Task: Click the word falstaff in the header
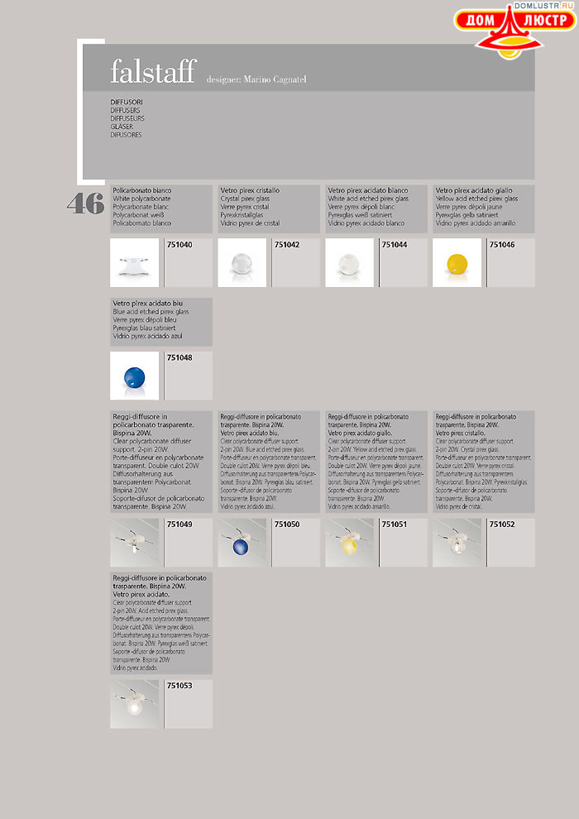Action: pyautogui.click(x=154, y=73)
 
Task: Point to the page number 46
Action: pyautogui.click(x=85, y=204)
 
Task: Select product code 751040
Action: pyautogui.click(x=179, y=245)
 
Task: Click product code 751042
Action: pyautogui.click(x=287, y=245)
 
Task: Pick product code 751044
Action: pyautogui.click(x=395, y=245)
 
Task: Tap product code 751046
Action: pyautogui.click(x=502, y=245)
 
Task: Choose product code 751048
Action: pyautogui.click(x=179, y=357)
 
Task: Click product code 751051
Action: pyautogui.click(x=395, y=524)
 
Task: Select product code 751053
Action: pyautogui.click(x=179, y=686)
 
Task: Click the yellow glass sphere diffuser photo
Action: pyautogui.click(x=457, y=263)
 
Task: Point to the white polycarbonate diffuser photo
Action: pyautogui.click(x=135, y=263)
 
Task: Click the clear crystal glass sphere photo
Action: pyautogui.click(x=242, y=263)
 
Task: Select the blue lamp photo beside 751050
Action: pyautogui.click(x=242, y=543)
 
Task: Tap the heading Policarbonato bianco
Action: pyautogui.click(x=142, y=190)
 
